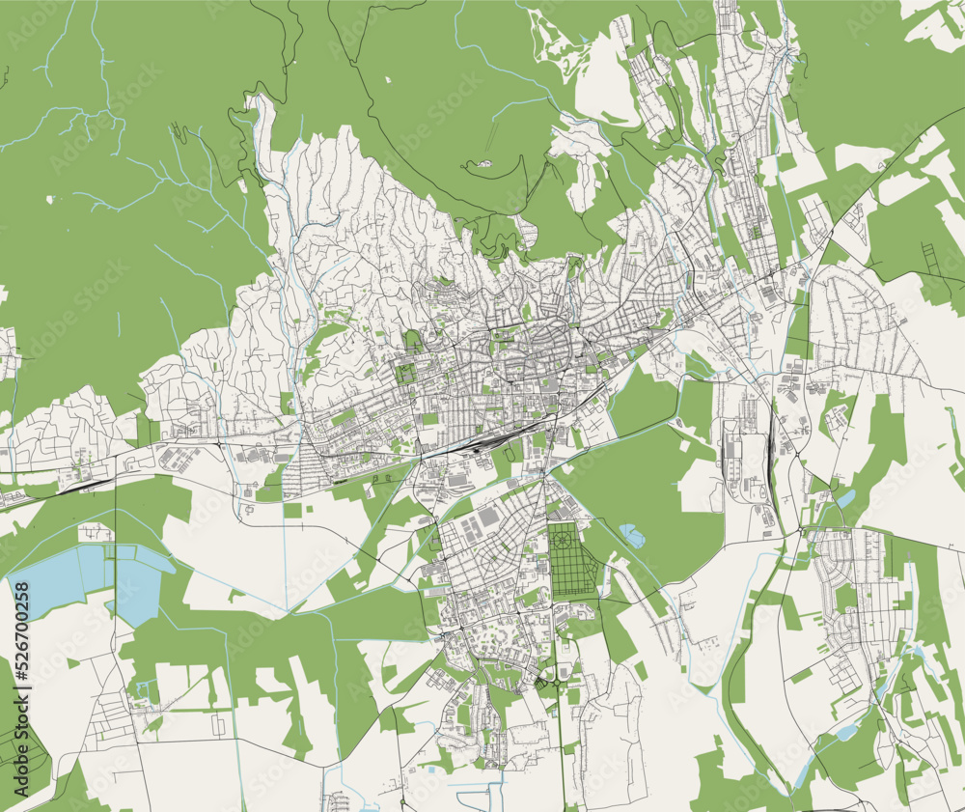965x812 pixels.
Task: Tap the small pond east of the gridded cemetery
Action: (632, 531)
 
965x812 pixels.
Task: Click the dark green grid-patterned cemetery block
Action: (575, 560)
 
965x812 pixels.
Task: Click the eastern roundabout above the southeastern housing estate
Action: (805, 530)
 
